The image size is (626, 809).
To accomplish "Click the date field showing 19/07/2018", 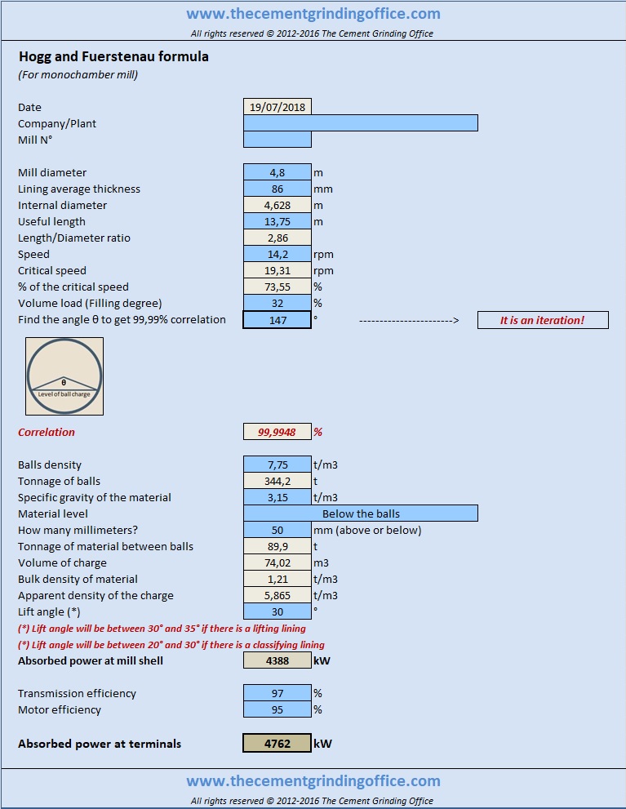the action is coord(277,107).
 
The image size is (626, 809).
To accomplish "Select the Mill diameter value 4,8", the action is coord(277,172).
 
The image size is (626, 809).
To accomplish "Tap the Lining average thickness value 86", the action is coord(277,189).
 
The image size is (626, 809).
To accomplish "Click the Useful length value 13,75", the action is coord(277,221).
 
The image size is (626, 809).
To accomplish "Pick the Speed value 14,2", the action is coord(277,254).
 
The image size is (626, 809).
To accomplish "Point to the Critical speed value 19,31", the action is coord(277,270).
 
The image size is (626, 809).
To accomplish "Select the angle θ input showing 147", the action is coord(277,320).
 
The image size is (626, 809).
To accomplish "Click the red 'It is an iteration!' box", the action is coord(543,320).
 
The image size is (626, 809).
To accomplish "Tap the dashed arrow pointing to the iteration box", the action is coord(409,320).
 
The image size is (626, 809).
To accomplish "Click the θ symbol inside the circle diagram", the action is coord(64,383).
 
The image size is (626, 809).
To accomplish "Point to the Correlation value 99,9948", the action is coord(277,432).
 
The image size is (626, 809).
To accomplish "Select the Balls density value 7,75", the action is coord(277,465).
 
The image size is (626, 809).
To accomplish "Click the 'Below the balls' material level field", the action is coord(361,513).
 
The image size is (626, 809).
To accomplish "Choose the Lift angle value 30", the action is coord(277,611).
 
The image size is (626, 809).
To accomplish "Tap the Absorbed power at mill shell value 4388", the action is coord(277,660).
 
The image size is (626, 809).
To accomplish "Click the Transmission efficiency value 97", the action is coord(277,693).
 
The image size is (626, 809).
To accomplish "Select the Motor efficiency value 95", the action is coord(277,709).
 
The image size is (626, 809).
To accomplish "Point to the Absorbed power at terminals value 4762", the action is coord(277,743).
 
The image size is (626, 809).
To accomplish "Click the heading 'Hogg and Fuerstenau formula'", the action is coord(113,56).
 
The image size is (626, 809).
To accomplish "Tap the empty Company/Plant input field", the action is coord(361,123).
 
